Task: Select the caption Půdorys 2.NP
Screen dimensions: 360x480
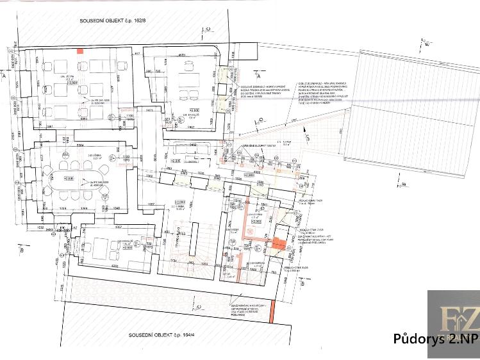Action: click(x=435, y=340)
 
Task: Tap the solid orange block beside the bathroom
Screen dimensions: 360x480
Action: click(x=278, y=243)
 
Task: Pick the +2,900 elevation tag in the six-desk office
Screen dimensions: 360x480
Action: click(x=72, y=83)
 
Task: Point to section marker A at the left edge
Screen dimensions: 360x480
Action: click(x=5, y=75)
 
